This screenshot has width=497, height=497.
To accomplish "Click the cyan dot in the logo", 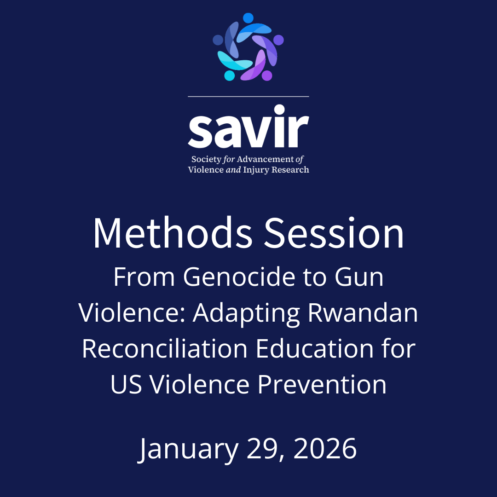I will click(229, 75).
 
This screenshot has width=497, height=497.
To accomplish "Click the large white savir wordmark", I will click(248, 127).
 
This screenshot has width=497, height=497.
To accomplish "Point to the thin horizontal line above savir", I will click(248, 97).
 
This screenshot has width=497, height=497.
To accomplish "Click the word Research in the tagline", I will click(290, 170).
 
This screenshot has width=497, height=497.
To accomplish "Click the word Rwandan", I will click(363, 313).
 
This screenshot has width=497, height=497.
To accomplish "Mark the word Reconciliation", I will click(166, 349).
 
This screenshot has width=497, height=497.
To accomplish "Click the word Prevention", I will click(322, 384).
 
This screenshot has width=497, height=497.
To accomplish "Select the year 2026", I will click(325, 448).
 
